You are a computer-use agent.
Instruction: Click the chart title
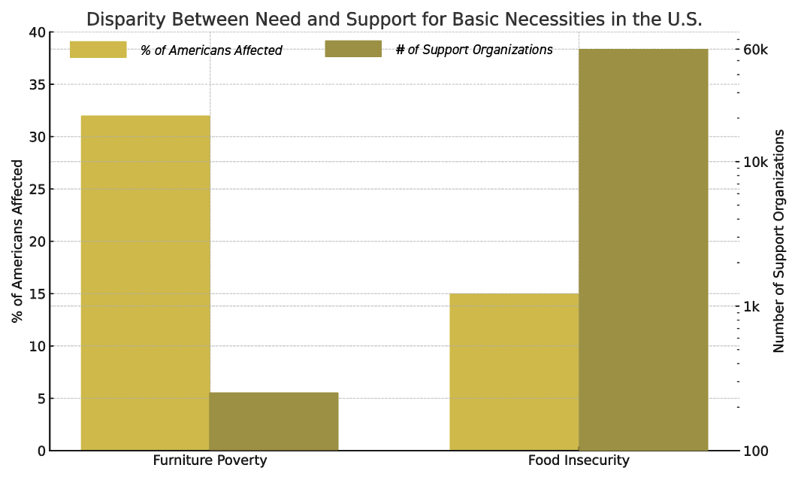394,20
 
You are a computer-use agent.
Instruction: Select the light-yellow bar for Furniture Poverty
146,283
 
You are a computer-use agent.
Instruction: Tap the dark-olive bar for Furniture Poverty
274,421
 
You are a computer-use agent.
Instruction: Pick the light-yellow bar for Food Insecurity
514,372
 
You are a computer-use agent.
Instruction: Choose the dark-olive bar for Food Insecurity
643,250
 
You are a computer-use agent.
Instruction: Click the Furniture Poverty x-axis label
210,460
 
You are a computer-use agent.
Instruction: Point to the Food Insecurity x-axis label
579,460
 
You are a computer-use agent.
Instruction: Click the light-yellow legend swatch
98,50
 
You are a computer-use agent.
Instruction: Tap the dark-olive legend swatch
353,49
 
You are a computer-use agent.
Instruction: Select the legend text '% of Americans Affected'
211,50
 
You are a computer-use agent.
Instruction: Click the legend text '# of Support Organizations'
474,50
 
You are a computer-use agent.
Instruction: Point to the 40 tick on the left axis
38,32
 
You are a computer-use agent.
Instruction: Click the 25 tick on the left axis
38,190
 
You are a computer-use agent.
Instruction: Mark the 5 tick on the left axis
42,399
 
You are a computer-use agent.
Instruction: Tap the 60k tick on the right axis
756,50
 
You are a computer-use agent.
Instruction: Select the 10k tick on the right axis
756,162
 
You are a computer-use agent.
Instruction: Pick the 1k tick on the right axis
751,307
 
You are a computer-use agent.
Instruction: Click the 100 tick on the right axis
754,451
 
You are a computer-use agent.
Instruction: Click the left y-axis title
17,241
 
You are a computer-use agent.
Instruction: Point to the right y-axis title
778,241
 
